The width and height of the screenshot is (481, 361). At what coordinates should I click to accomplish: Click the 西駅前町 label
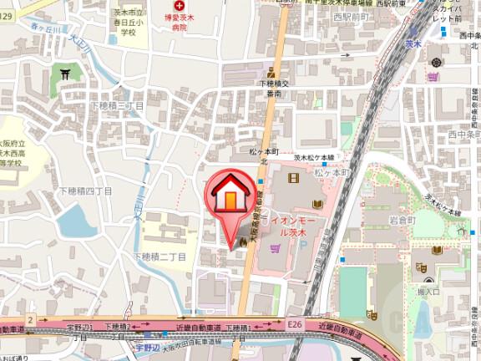click(349, 17)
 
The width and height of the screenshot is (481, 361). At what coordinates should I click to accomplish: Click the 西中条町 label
click(464, 135)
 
